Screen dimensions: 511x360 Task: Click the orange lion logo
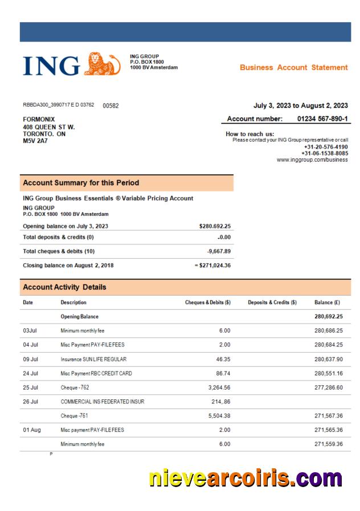(x=102, y=64)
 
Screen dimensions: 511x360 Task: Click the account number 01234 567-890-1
(x=322, y=118)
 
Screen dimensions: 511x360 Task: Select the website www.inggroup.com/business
(x=312, y=160)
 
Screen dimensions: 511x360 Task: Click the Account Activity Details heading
(x=64, y=287)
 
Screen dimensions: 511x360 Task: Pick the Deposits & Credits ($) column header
(x=272, y=302)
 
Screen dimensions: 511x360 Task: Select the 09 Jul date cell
(x=30, y=359)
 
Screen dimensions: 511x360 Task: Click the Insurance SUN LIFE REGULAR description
(x=93, y=359)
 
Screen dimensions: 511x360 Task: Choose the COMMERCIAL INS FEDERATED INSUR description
(x=102, y=402)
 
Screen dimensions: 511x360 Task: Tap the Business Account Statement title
(x=293, y=67)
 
